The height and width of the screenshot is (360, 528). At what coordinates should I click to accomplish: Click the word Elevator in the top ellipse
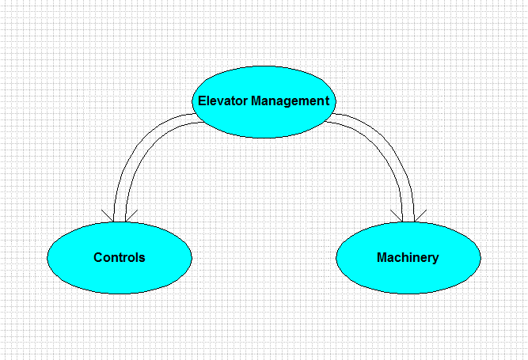(x=222, y=100)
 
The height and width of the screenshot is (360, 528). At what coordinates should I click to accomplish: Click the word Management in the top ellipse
(x=291, y=100)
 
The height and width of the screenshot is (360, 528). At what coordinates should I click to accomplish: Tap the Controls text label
(x=120, y=257)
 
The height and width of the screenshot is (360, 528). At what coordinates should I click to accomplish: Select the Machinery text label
(x=408, y=258)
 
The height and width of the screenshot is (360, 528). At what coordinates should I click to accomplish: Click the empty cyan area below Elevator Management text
(x=264, y=122)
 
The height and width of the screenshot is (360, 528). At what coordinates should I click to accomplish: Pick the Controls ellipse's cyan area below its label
(x=120, y=278)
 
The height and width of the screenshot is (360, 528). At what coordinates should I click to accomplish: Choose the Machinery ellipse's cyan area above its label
(x=408, y=237)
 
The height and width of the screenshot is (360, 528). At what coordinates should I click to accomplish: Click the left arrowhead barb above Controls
(x=108, y=216)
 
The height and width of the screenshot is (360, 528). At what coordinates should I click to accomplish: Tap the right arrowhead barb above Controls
(x=131, y=216)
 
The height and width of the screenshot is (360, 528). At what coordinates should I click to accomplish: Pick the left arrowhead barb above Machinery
(x=397, y=216)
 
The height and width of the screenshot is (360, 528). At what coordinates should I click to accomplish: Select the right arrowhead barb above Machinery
(x=420, y=216)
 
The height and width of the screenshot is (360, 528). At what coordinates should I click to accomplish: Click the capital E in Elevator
(x=202, y=100)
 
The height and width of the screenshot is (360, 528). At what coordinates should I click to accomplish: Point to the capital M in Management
(x=256, y=100)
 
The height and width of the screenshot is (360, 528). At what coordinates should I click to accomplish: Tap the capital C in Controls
(x=98, y=257)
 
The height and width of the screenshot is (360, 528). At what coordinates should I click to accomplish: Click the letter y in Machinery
(x=435, y=260)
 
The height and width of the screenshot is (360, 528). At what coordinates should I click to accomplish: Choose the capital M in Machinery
(x=382, y=257)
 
